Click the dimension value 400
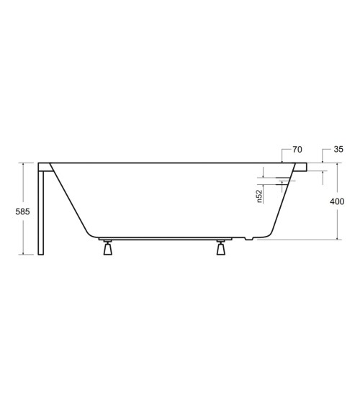337,202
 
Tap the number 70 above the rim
296,150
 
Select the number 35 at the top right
338,150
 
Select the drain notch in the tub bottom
248,238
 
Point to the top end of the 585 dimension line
25,163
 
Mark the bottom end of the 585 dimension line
25,254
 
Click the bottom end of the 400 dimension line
337,240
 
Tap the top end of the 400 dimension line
337,163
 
